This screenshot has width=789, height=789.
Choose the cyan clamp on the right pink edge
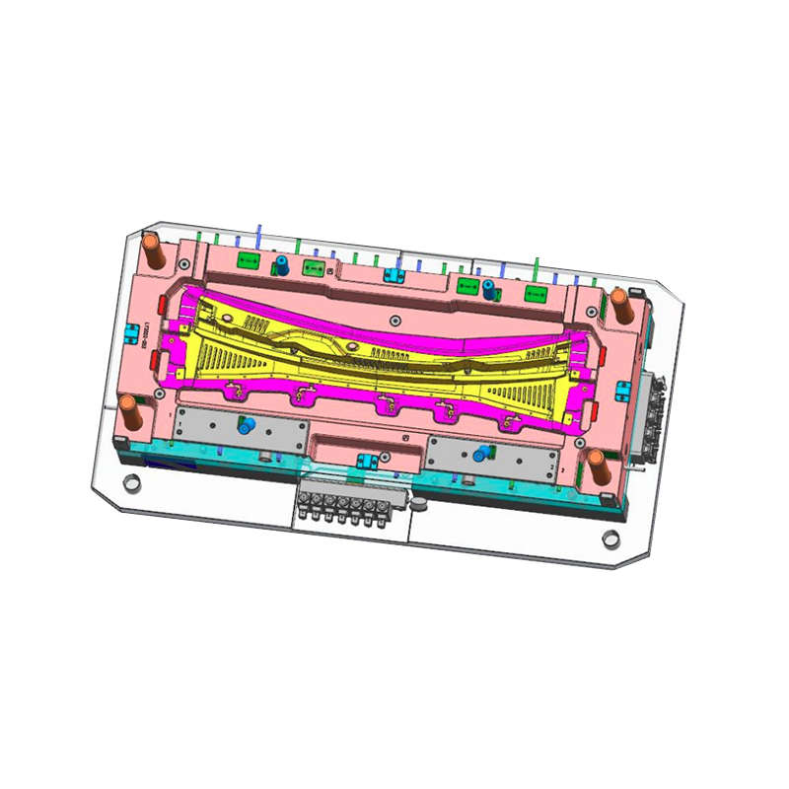point(621,391)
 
